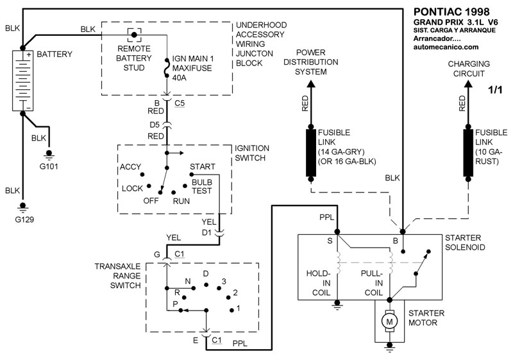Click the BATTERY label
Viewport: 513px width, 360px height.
click(x=55, y=54)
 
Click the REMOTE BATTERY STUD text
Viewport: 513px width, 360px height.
click(x=134, y=57)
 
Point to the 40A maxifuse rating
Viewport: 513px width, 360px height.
click(x=174, y=78)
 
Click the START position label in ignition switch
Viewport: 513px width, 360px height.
click(x=202, y=167)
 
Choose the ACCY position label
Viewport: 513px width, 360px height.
click(x=130, y=167)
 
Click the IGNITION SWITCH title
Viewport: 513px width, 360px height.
click(x=252, y=152)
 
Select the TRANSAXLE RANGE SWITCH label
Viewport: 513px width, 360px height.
click(x=117, y=275)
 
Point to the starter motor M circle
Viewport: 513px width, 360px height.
click(x=389, y=319)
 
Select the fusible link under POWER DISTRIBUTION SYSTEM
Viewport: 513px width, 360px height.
click(x=310, y=148)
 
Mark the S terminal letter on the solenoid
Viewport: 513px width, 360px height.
click(x=331, y=241)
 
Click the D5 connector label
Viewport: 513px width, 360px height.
click(x=155, y=124)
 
